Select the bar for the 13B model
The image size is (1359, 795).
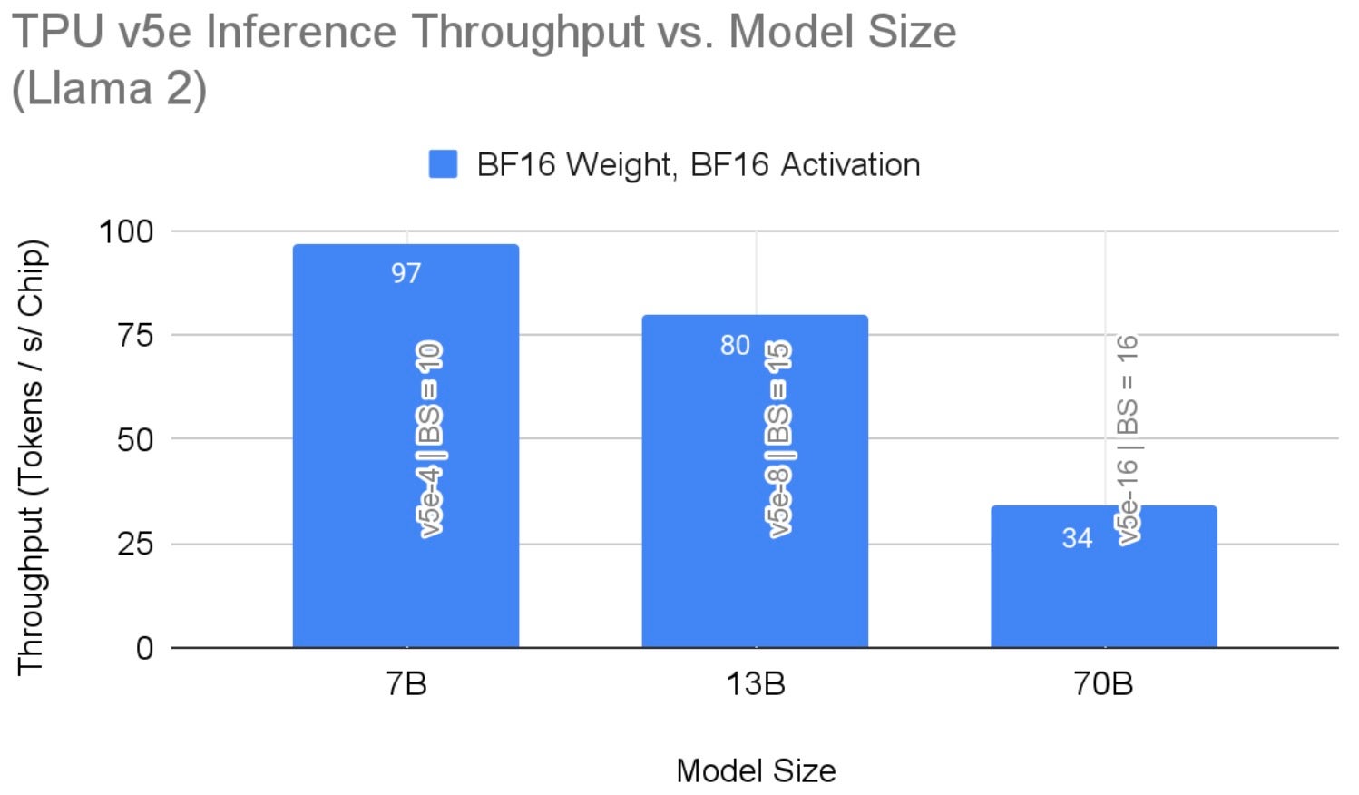coord(755,581)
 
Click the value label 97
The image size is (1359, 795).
coord(406,273)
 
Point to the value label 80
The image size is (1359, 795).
coord(735,345)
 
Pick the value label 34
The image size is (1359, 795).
coord(1077,538)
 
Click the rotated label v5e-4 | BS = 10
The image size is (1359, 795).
coord(430,439)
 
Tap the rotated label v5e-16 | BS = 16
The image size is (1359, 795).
coord(1128,439)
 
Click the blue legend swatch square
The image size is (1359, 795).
coord(443,164)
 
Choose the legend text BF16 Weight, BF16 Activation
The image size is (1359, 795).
coord(698,164)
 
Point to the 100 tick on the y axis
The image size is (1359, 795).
coord(126,231)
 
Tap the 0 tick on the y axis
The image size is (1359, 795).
coord(145,648)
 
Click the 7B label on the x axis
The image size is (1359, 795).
coord(406,683)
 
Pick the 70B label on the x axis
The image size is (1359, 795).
coord(1103,683)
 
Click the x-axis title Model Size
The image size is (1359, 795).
coord(756,770)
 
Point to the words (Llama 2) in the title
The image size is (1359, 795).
coord(109,89)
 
